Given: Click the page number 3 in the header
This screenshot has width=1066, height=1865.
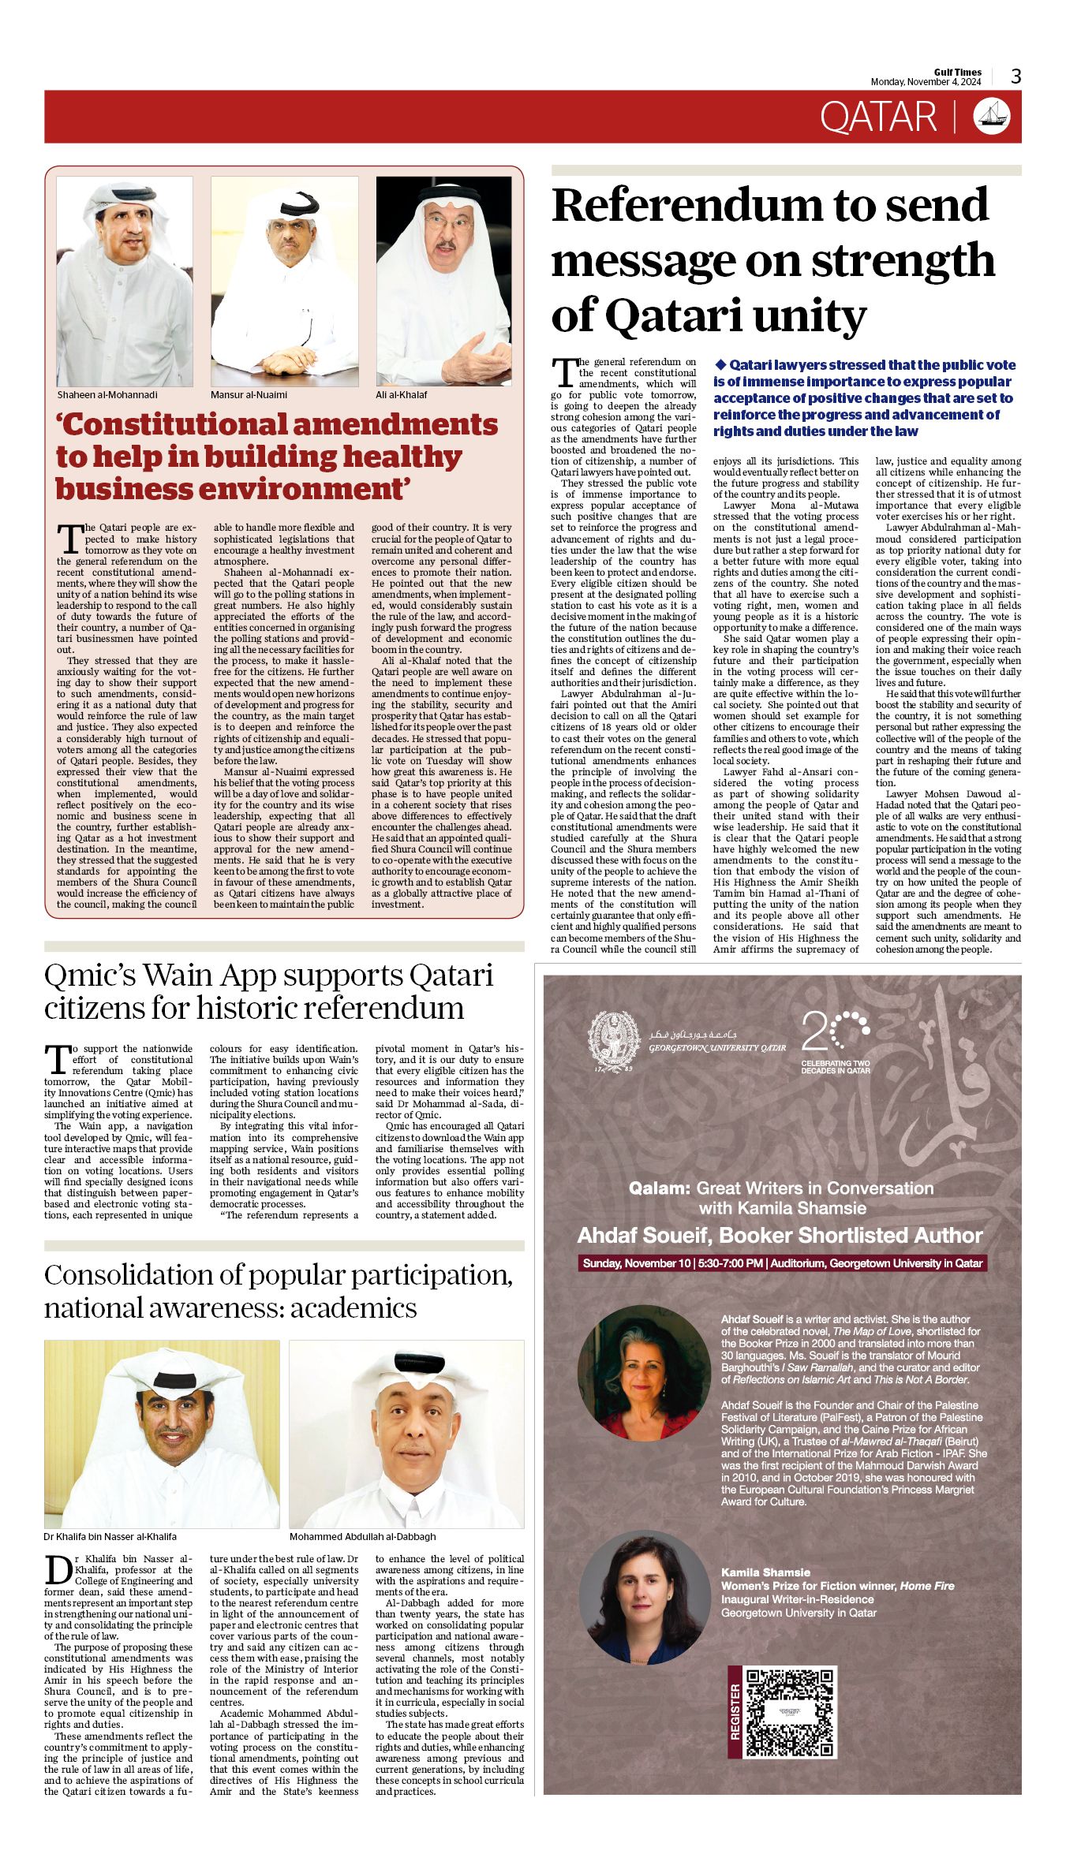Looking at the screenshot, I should [x=1016, y=76].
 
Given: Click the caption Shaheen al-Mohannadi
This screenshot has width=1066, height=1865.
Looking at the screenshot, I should [x=107, y=395].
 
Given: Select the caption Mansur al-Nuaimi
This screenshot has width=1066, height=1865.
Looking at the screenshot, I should [x=249, y=395].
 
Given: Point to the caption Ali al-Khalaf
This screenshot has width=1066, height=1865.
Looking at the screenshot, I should [x=402, y=395].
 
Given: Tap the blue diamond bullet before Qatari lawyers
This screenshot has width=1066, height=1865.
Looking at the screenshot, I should [x=720, y=364].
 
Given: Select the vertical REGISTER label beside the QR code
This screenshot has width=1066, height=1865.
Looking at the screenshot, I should [x=735, y=1712].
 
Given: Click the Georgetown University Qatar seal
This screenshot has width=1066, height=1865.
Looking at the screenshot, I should [x=615, y=1042].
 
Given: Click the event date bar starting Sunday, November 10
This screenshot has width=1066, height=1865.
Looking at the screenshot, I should [x=782, y=1263].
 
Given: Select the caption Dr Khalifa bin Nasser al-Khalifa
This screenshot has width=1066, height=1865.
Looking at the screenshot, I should [x=110, y=1537].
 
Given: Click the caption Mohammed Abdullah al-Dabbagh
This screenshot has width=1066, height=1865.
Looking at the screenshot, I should [x=362, y=1537].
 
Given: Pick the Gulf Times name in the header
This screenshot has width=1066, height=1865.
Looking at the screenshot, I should [x=958, y=72].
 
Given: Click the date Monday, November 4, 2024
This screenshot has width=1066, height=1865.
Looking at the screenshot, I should [x=926, y=82].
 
